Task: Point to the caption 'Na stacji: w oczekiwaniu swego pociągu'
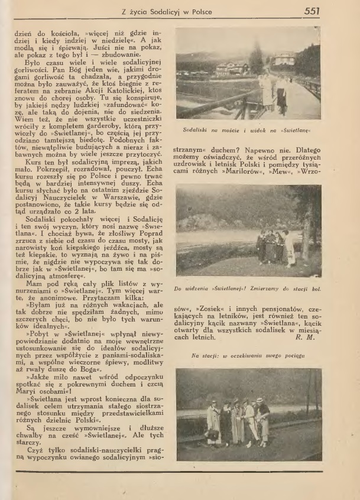(249, 356)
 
